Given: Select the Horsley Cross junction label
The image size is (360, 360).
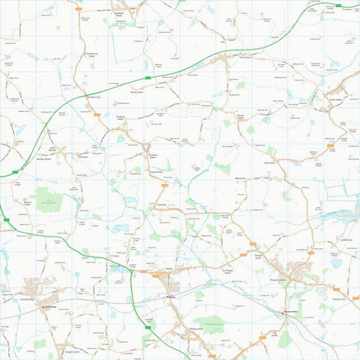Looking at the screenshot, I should (x=93, y=97).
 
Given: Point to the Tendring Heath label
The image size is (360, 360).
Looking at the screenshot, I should (x=124, y=119).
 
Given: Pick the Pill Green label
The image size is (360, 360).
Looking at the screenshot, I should (x=83, y=157).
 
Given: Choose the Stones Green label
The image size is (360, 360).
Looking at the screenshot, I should (x=240, y=117).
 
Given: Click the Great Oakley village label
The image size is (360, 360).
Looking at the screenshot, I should (x=335, y=99).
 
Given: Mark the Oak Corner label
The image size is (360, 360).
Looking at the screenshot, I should (x=270, y=163).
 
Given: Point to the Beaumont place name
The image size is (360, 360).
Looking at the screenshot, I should (x=240, y=178).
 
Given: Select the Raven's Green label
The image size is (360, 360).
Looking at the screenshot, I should (x=28, y=203).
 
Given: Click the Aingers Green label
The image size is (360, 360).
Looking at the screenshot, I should (x=73, y=352).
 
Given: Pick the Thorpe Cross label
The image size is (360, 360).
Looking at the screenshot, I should (x=339, y=299).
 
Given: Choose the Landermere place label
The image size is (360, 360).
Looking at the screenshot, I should (x=346, y=238).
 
